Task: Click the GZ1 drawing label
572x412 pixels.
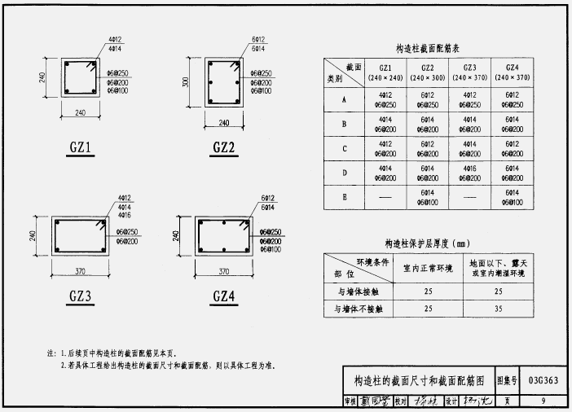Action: click(x=79, y=148)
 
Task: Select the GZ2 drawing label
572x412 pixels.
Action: click(x=223, y=148)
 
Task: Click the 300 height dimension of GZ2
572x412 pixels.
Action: click(x=186, y=81)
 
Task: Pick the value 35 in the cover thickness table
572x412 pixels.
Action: click(x=496, y=309)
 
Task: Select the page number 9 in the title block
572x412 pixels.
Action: click(x=543, y=400)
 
